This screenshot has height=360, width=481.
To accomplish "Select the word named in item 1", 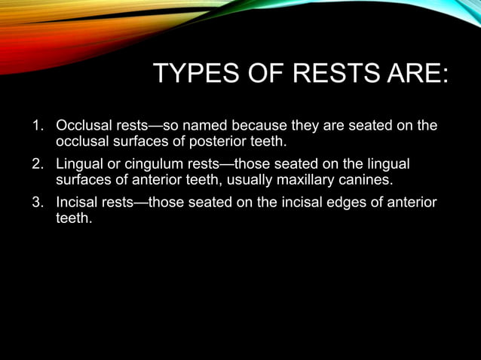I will pyautogui.click(x=205, y=125).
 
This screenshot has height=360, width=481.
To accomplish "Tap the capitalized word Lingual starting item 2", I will pyautogui.click(x=80, y=164).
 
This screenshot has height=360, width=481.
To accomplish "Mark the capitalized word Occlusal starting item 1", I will pyautogui.click(x=84, y=125).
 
